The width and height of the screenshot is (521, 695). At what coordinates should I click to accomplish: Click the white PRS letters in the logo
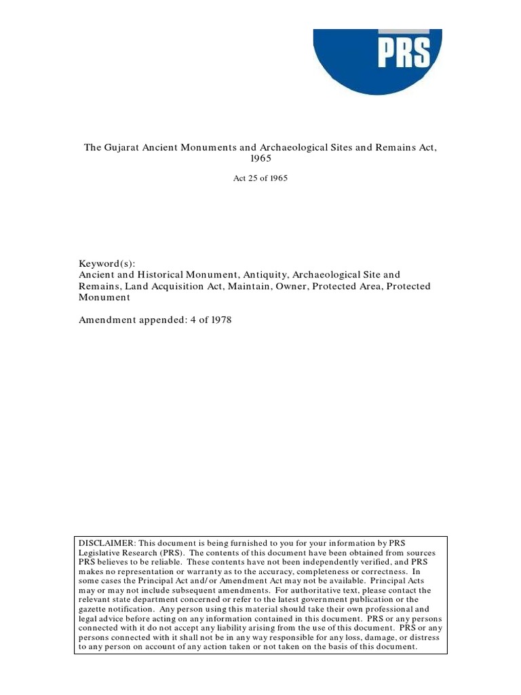pos(404,53)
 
